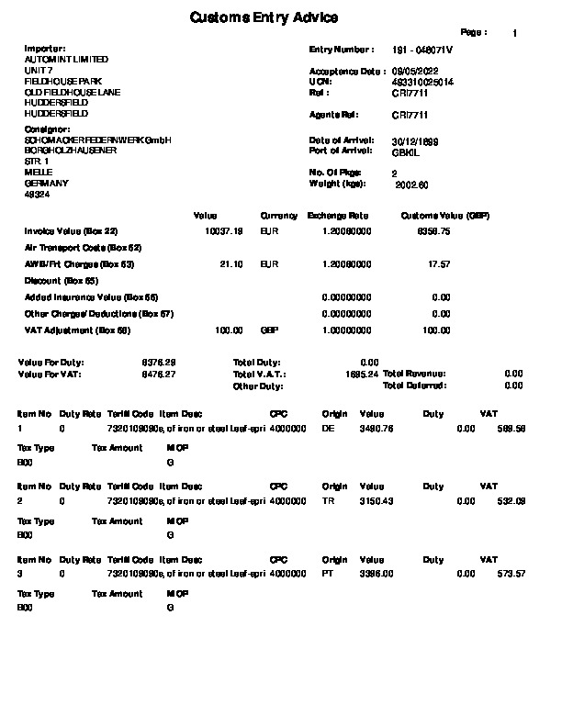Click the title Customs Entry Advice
click(x=264, y=17)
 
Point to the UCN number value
click(x=422, y=82)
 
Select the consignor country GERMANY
click(x=40, y=184)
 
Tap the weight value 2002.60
click(x=411, y=185)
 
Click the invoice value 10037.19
click(x=224, y=231)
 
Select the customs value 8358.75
click(x=433, y=231)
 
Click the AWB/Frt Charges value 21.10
click(x=231, y=264)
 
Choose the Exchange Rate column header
click(x=338, y=216)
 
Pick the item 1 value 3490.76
click(x=377, y=429)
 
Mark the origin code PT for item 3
click(x=329, y=574)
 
